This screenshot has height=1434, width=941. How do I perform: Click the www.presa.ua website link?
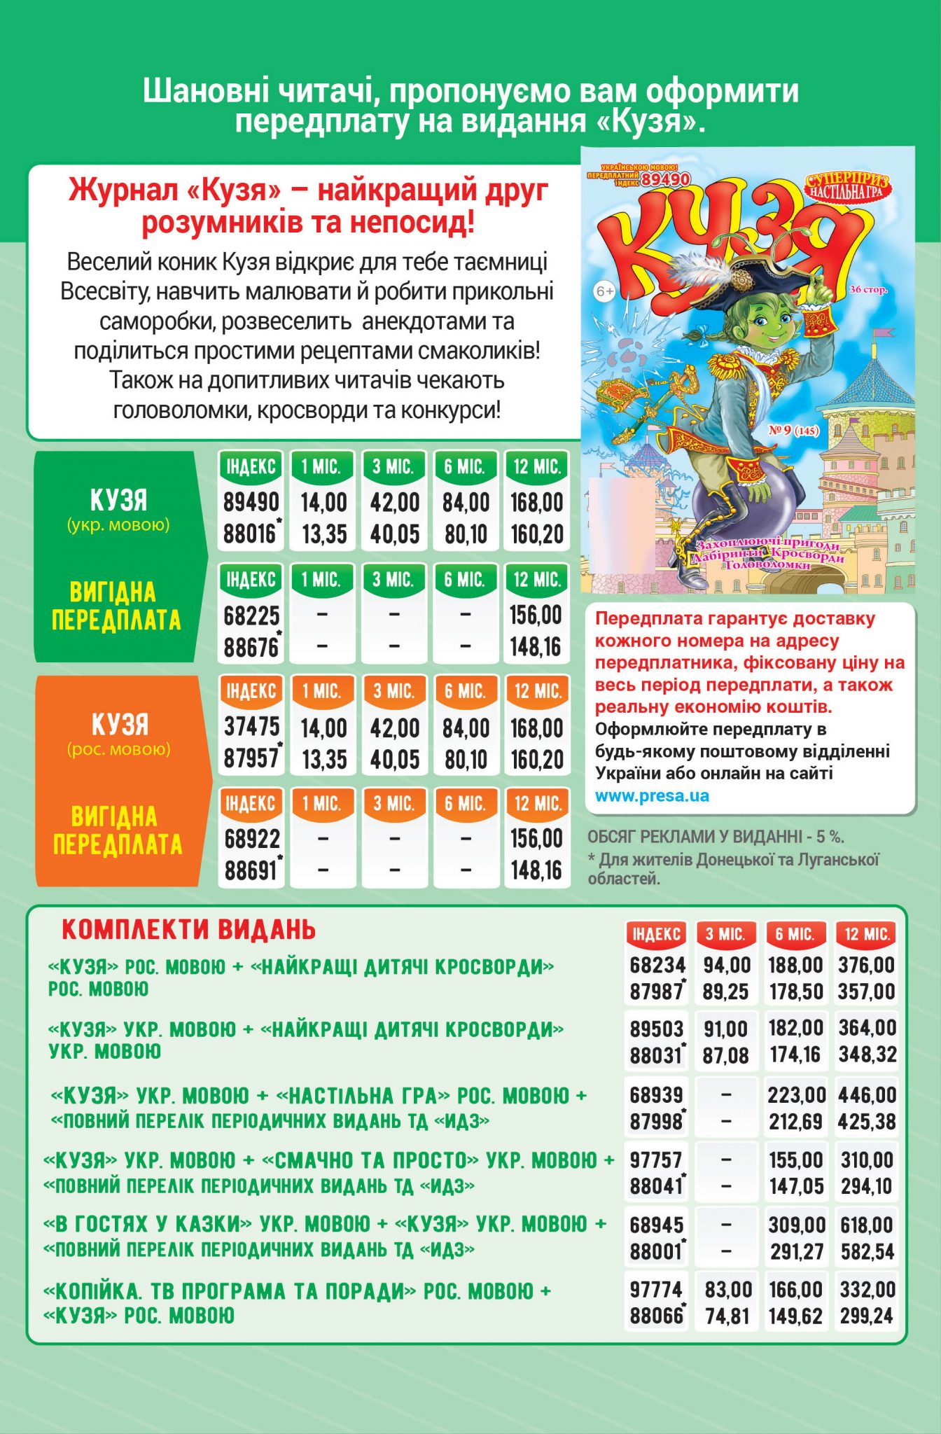coord(652,796)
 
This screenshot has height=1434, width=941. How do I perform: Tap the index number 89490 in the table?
coord(251,502)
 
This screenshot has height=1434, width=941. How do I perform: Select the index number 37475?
coord(251,727)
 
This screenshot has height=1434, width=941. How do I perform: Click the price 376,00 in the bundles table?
coord(866,965)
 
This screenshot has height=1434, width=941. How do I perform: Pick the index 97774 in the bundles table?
coord(656,1289)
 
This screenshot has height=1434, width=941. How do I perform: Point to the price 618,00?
coord(867,1225)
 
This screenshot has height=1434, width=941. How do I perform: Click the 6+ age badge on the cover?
coord(604,291)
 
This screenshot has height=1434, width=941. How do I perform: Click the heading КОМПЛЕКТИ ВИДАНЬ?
coord(188,930)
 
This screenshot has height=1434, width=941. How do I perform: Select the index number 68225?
coord(251,615)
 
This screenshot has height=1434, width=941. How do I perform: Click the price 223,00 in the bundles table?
coord(796,1094)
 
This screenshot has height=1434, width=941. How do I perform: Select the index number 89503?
coord(656,1029)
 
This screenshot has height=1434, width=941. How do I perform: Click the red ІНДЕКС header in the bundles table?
coord(656,934)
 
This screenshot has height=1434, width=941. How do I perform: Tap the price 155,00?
coord(796,1160)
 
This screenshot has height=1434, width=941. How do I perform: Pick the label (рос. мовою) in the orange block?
coord(119,749)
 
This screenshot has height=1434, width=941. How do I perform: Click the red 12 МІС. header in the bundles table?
coord(867,934)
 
